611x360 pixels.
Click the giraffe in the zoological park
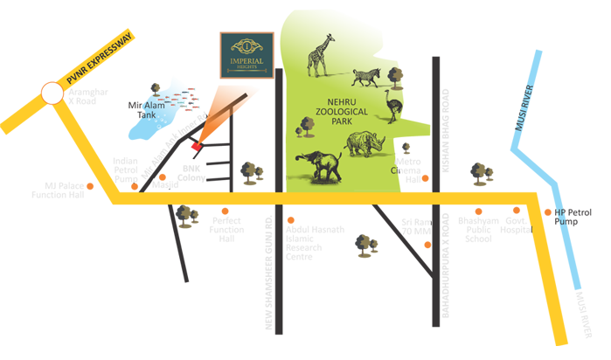point(318,56)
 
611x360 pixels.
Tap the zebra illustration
point(365,78)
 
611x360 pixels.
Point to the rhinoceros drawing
point(366,144)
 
